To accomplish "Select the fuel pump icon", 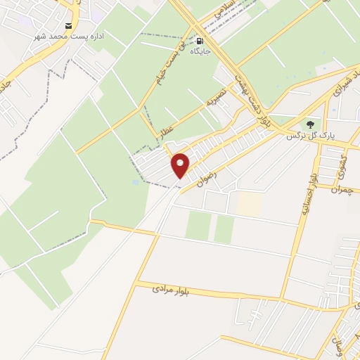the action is pyautogui.click(x=201, y=40).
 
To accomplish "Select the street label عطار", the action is pyautogui.click(x=167, y=131).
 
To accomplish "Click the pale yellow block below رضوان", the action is pyautogui.click(x=250, y=204).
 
